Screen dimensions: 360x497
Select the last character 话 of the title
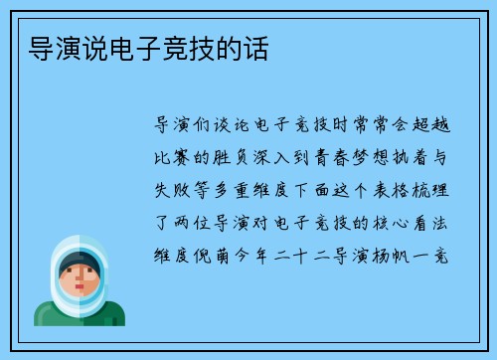(254, 48)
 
